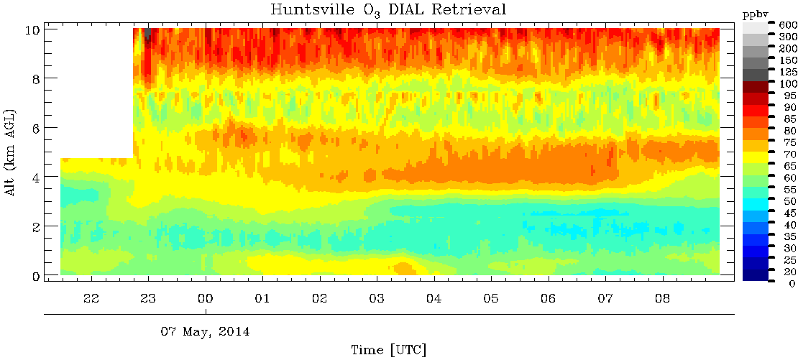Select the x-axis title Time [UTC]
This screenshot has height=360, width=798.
click(389, 350)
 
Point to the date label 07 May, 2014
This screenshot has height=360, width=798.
click(205, 333)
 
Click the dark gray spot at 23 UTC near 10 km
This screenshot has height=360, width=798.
click(147, 34)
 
